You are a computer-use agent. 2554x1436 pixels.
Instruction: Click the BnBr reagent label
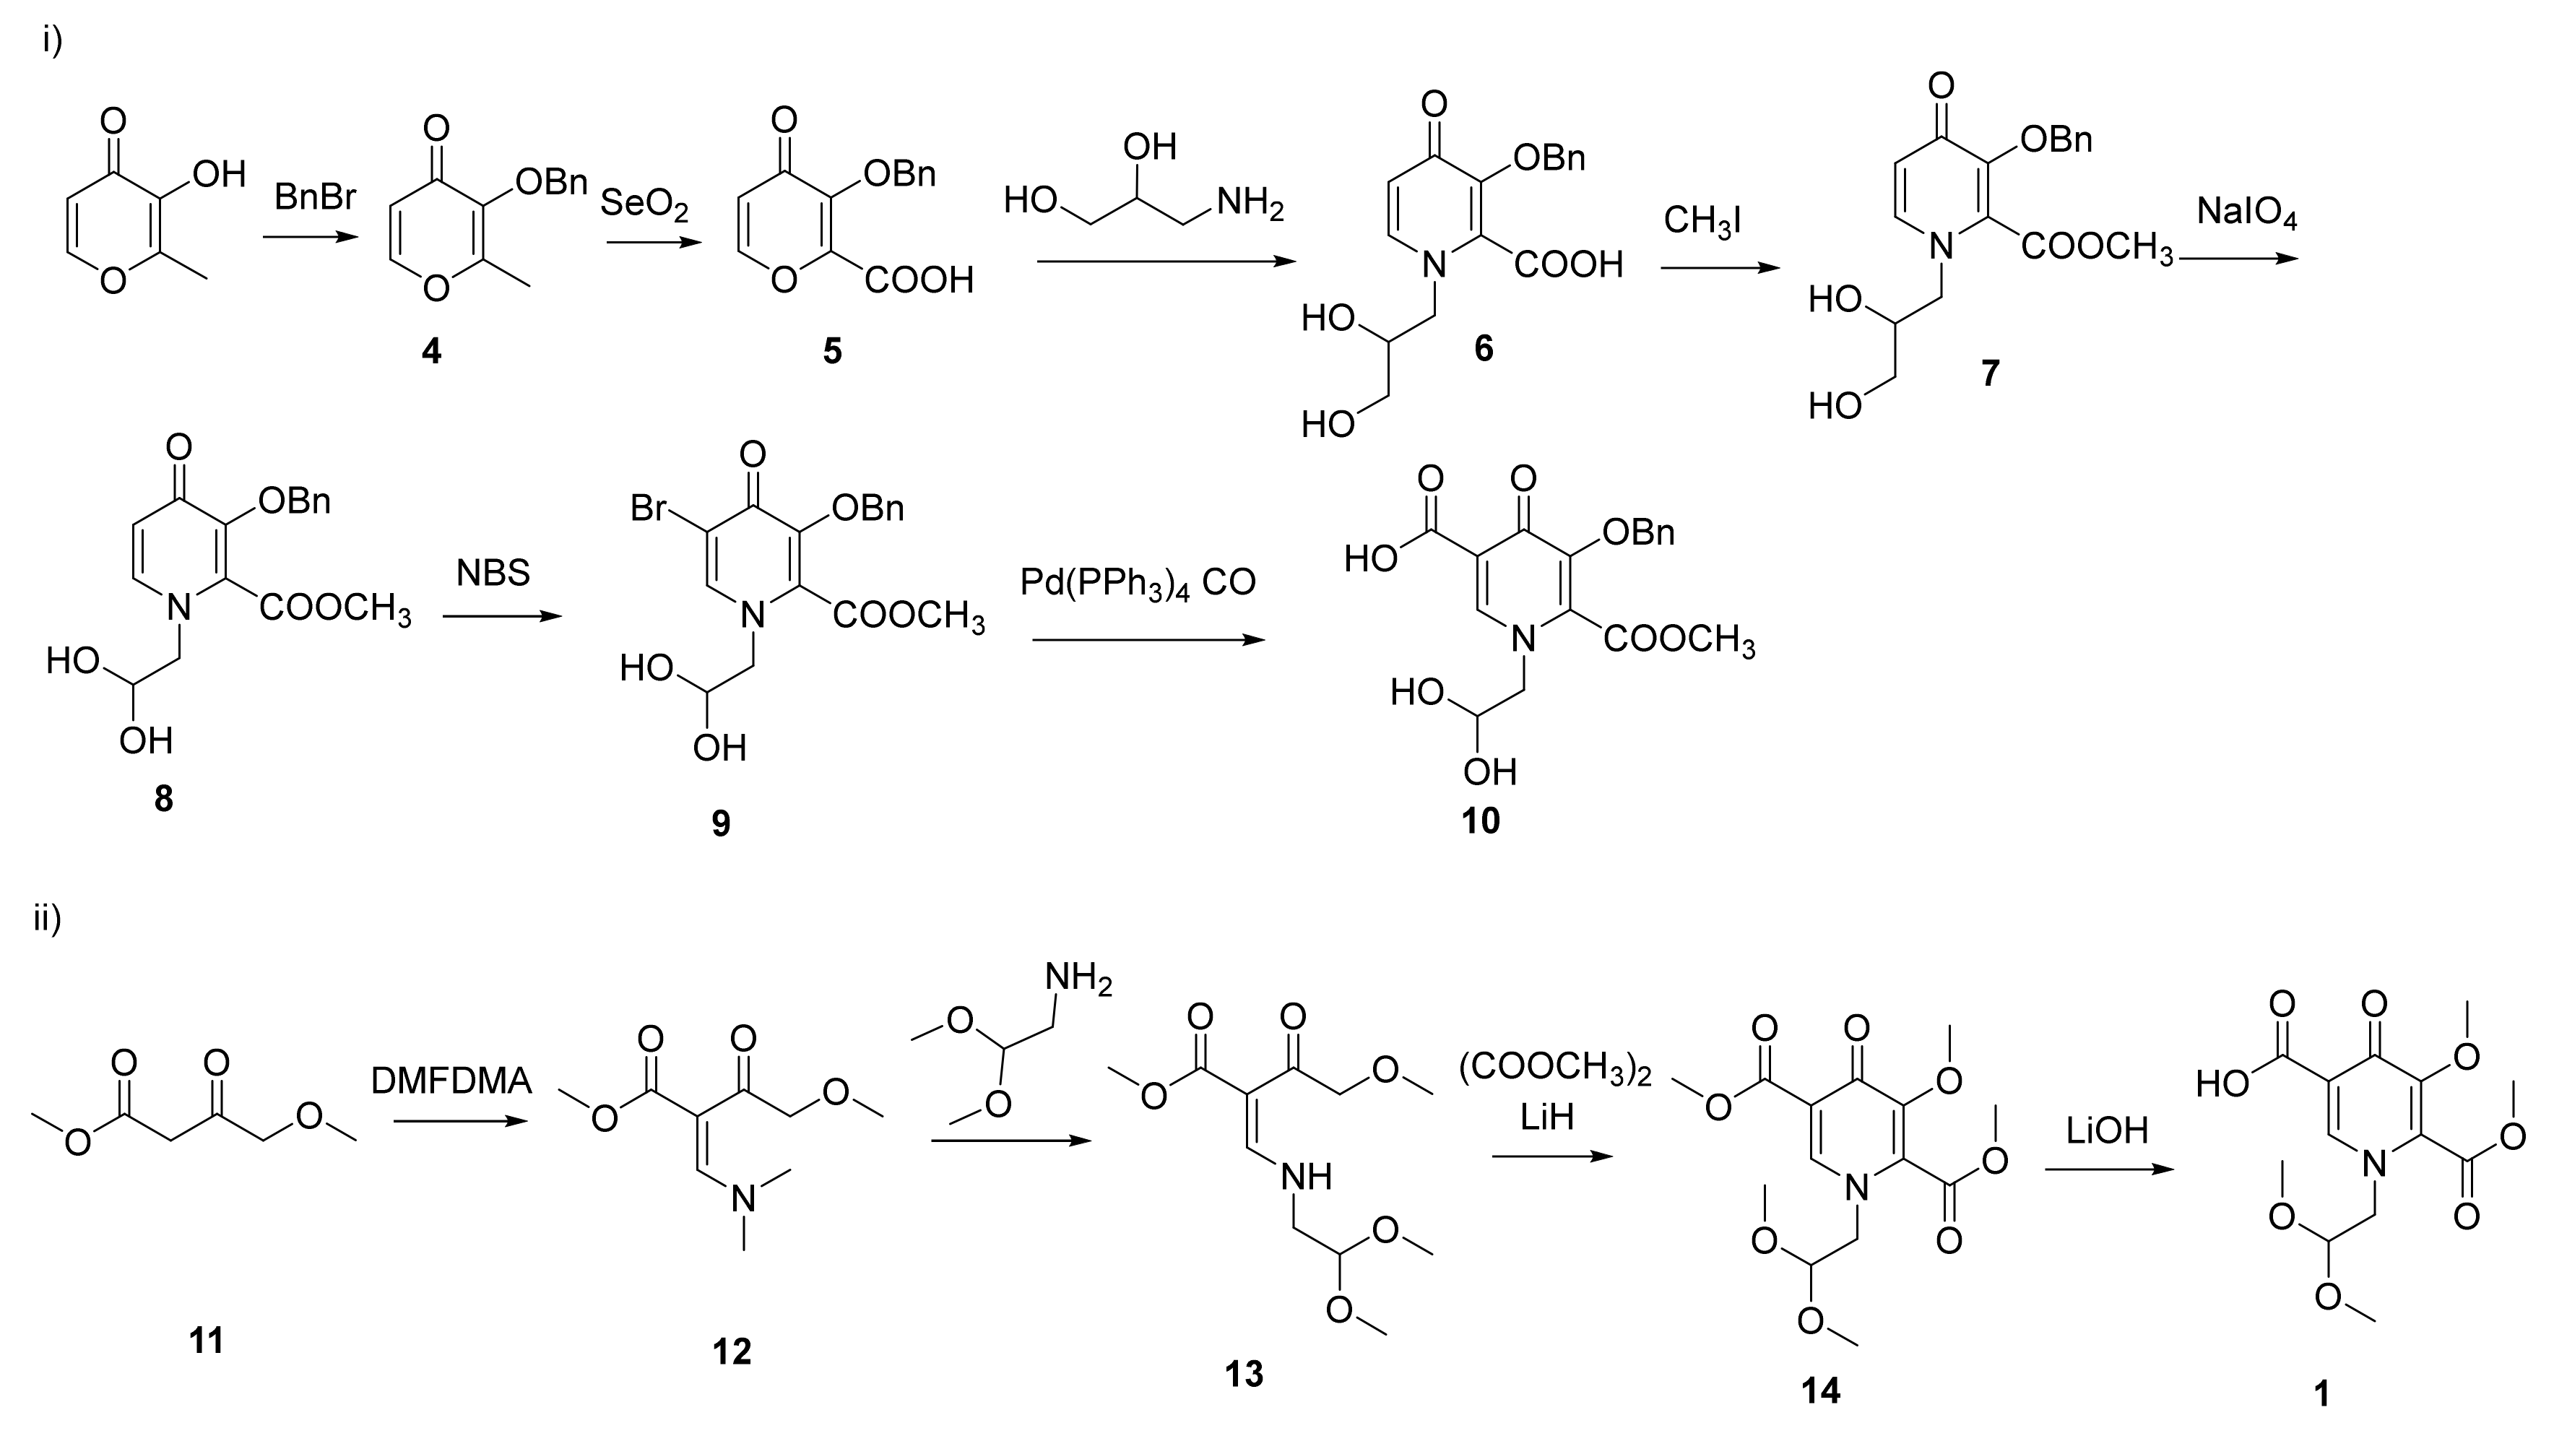[x=316, y=197]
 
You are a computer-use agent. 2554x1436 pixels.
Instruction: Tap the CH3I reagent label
[x=1702, y=220]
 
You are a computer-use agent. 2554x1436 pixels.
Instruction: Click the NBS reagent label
[x=493, y=574]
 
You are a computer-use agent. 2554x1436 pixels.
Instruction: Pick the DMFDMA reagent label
[x=451, y=1081]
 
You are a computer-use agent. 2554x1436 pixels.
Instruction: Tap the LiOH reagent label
[x=2107, y=1130]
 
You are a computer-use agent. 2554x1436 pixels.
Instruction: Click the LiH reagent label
[x=1546, y=1117]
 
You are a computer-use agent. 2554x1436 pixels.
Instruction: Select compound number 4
[x=431, y=350]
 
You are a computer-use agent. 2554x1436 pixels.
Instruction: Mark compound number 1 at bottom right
[x=2321, y=1394]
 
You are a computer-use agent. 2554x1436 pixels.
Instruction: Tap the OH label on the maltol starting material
[x=218, y=176]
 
